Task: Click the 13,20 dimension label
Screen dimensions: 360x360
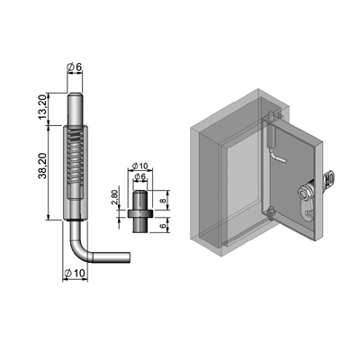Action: [43, 107]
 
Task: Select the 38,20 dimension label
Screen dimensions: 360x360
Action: [42, 166]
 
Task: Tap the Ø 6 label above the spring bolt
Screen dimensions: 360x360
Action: [74, 67]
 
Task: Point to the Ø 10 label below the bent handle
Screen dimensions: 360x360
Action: [76, 274]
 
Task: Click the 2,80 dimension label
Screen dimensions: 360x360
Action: [114, 197]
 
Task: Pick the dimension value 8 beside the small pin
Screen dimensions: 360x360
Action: [163, 200]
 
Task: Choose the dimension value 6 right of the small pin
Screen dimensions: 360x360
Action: [163, 224]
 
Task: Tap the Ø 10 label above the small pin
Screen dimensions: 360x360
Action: [139, 166]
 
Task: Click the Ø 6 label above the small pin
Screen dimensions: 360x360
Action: [139, 177]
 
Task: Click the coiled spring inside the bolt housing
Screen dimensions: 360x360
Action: [75, 158]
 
